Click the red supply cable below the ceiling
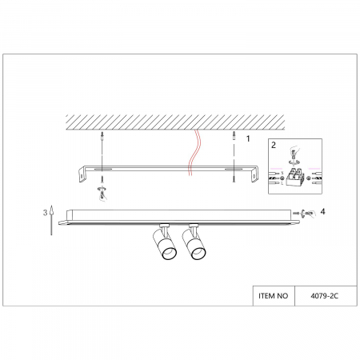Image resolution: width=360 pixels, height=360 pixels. [x=194, y=153]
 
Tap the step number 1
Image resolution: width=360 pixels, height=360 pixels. [x=248, y=139]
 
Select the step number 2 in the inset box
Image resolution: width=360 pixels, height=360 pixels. [x=274, y=145]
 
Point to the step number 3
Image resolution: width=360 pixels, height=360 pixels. [x=46, y=213]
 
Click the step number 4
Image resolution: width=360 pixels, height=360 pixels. [x=323, y=211]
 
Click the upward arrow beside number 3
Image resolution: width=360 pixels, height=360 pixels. [x=51, y=220]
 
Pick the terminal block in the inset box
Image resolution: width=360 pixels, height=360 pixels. [x=295, y=177]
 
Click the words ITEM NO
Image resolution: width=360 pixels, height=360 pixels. [x=274, y=296]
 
